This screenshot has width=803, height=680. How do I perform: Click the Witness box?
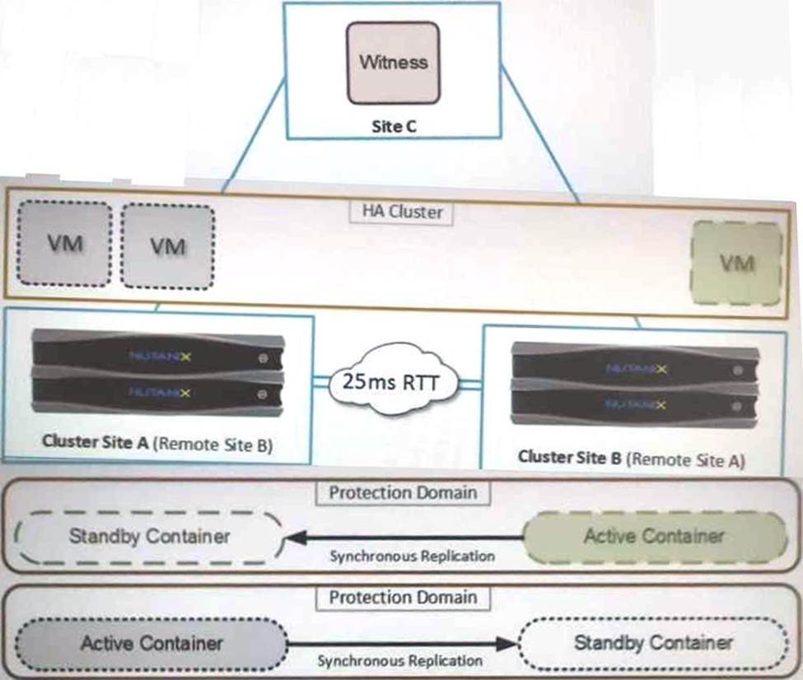393,63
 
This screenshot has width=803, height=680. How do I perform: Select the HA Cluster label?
403,212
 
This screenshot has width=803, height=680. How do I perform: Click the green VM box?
736,263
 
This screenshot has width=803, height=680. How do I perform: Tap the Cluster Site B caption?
631,458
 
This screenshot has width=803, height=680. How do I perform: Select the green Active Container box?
654,537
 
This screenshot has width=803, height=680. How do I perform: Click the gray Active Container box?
152,642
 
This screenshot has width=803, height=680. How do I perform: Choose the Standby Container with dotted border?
653,642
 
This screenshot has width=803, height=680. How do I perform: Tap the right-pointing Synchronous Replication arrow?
404,643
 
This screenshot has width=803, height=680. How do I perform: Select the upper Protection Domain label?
403,493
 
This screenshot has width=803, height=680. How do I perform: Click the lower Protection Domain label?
403,597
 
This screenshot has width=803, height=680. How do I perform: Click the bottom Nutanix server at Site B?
633,403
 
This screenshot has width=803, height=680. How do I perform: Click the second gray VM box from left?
168,246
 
